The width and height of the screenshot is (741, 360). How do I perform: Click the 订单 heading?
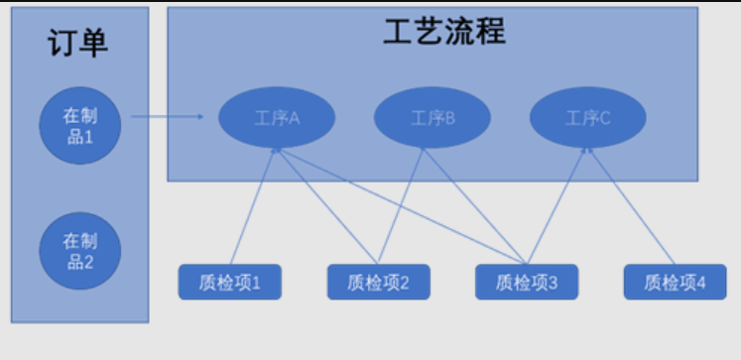pos(78,43)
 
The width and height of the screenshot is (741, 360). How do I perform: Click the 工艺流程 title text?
pos(444,32)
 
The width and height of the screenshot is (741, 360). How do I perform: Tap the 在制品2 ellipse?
pos(79,251)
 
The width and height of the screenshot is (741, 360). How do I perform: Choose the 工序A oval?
pos(277,118)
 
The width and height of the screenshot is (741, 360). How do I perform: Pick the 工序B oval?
pos(432,118)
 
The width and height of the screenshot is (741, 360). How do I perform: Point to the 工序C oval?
pos(588,118)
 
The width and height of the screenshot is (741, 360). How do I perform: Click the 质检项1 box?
pos(230,283)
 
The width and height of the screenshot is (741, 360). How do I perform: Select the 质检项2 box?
pos(378,283)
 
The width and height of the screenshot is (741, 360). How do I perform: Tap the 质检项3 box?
pos(527,283)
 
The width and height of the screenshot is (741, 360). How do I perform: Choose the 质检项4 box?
pos(675,283)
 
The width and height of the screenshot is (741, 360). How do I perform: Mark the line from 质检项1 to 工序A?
pos(254,206)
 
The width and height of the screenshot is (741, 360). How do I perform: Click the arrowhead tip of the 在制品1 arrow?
pos(201,117)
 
